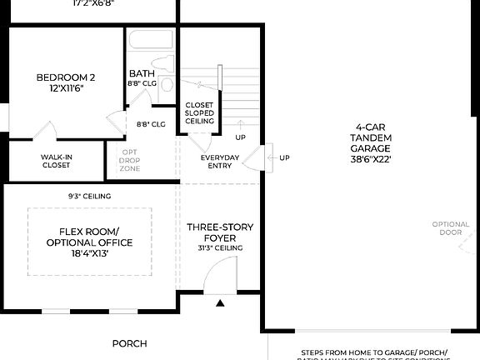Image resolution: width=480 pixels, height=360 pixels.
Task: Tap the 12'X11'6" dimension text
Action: [x=60, y=87]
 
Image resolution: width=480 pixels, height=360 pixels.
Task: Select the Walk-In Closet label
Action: [x=56, y=160]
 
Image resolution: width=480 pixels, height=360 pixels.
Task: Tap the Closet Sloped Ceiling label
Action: [x=200, y=113]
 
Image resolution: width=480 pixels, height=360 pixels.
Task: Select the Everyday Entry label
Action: [x=220, y=162]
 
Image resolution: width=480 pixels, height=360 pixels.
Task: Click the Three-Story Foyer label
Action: [x=220, y=232]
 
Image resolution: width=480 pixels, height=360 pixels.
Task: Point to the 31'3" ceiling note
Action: [x=220, y=247]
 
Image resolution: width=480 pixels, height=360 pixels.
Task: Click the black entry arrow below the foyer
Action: [x=220, y=303]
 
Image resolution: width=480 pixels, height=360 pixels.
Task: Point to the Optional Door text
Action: [x=451, y=227]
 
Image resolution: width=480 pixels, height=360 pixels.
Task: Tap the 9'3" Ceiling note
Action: [x=90, y=197]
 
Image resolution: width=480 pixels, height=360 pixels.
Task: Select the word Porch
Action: [x=129, y=343]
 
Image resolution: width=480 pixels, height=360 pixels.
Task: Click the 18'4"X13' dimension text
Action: [x=90, y=253]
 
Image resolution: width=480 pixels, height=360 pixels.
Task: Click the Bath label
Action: [x=140, y=73]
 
